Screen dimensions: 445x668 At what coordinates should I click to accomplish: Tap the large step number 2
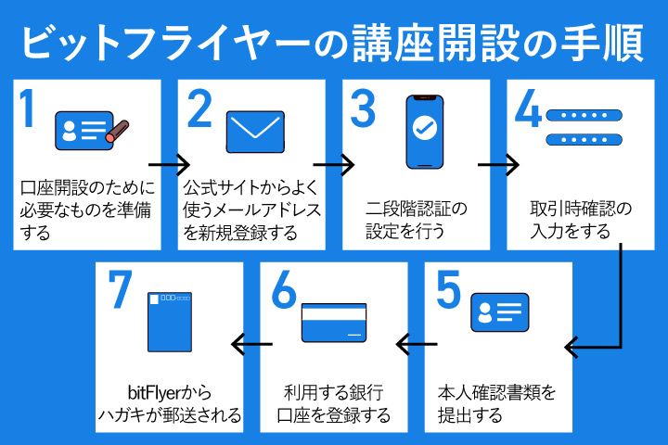pyautogui.click(x=199, y=109)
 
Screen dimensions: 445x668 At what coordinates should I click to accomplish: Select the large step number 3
pyautogui.click(x=363, y=109)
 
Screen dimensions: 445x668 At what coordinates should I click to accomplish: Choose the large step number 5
pyautogui.click(x=448, y=292)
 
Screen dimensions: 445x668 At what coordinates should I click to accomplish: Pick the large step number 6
pyautogui.click(x=284, y=292)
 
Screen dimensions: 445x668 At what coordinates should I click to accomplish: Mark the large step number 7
pyautogui.click(x=119, y=292)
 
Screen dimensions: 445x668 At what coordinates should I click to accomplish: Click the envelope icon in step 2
pyautogui.click(x=255, y=132)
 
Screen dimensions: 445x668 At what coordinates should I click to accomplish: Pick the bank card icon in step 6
pyautogui.click(x=334, y=321)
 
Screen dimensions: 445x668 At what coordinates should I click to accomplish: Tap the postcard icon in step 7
pyautogui.click(x=171, y=321)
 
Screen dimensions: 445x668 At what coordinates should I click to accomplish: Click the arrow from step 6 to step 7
pyautogui.click(x=250, y=345)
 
